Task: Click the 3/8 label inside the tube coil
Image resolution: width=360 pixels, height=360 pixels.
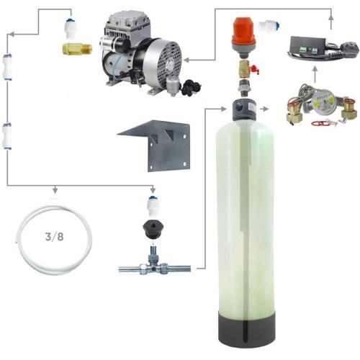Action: pos(55,237)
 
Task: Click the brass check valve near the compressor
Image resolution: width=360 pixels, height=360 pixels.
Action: pos(77,48)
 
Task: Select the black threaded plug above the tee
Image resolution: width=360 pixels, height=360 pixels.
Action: pos(152,230)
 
